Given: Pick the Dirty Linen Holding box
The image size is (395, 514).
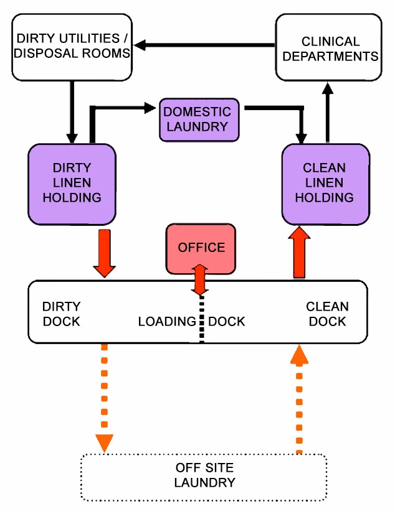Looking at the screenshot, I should pyautogui.click(x=72, y=184).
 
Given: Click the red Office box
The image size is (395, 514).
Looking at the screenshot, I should pyautogui.click(x=201, y=247).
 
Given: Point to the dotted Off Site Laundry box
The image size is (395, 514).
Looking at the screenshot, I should pyautogui.click(x=204, y=476).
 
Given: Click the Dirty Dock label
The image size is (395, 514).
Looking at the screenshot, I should pyautogui.click(x=61, y=314).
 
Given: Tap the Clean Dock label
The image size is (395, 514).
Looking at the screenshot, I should pyautogui.click(x=327, y=314).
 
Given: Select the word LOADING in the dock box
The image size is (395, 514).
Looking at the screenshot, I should pyautogui.click(x=167, y=322).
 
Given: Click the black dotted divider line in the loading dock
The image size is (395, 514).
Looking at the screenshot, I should pyautogui.click(x=201, y=320).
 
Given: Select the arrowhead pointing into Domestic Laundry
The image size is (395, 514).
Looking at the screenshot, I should pyautogui.click(x=150, y=108).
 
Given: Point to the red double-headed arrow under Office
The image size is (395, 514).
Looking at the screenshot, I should pyautogui.click(x=200, y=280).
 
